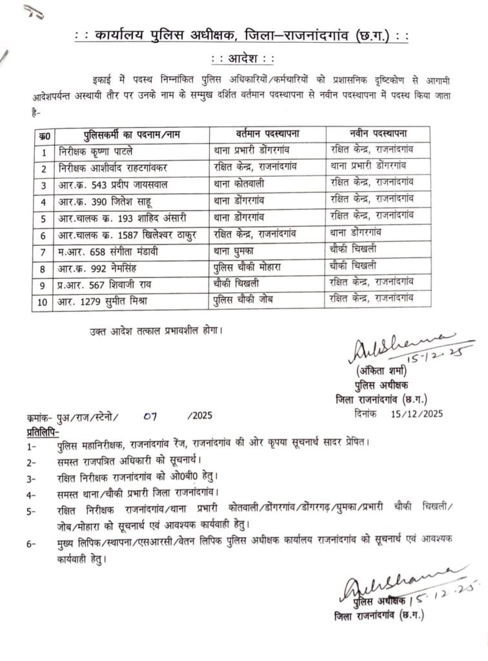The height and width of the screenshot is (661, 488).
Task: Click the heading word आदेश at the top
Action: [x=243, y=59]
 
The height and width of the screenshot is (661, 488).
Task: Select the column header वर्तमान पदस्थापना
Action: [x=267, y=134]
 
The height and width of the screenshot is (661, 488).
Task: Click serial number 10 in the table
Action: [x=43, y=299]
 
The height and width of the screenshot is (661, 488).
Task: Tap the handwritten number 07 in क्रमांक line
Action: [x=151, y=416]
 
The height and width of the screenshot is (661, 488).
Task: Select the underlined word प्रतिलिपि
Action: [x=43, y=431]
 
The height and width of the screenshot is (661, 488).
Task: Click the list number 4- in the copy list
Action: [x=32, y=494]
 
